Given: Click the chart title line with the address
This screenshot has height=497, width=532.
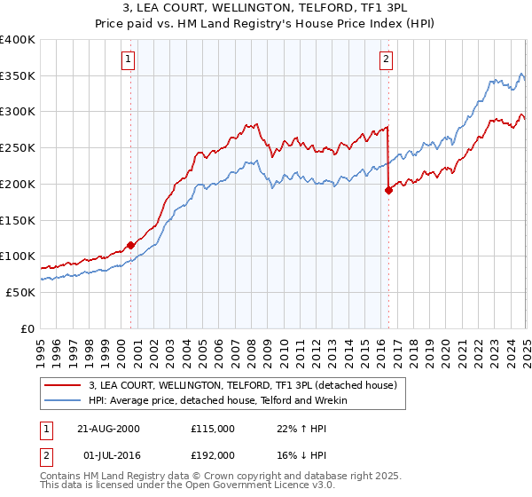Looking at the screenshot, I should point(265,9).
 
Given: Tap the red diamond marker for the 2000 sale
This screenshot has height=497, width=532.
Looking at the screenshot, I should point(130,244).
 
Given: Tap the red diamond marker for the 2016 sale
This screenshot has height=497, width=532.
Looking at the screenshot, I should point(388,189).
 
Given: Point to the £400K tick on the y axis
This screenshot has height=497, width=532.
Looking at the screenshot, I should point(18,40).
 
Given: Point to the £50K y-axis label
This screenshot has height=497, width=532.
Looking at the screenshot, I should point(20,292).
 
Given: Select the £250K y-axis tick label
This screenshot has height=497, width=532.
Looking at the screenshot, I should point(18,148).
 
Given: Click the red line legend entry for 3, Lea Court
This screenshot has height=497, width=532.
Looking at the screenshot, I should point(247,385).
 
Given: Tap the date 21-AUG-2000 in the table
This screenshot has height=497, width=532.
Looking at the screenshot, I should point(107,428).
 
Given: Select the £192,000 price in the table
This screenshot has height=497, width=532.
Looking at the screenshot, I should point(213,454).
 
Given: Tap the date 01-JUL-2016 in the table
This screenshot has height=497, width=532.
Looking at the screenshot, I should point(107,454).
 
